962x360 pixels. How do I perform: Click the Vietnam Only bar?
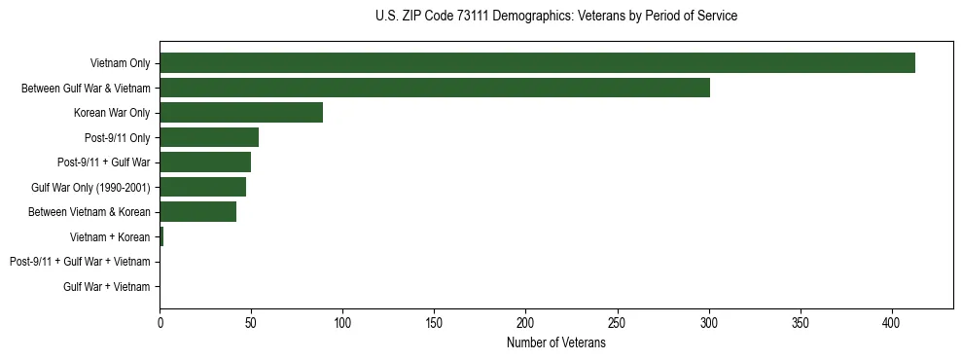click(x=537, y=63)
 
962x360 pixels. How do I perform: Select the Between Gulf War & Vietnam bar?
click(x=435, y=89)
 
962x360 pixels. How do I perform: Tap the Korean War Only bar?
click(x=241, y=113)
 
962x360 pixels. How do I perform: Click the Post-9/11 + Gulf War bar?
click(x=205, y=162)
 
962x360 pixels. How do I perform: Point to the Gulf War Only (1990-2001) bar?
click(x=202, y=187)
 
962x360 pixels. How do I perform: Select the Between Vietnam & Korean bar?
click(x=197, y=212)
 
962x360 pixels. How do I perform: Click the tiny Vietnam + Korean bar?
click(x=161, y=236)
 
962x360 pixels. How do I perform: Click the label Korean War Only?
click(x=112, y=113)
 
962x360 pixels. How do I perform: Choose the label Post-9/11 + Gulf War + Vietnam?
click(x=80, y=262)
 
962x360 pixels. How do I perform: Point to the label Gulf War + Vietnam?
click(x=107, y=286)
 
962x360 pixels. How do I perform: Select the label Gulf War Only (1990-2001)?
click(x=90, y=187)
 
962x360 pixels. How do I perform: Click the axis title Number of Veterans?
click(x=555, y=342)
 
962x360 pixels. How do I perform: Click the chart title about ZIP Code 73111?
click(x=555, y=17)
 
